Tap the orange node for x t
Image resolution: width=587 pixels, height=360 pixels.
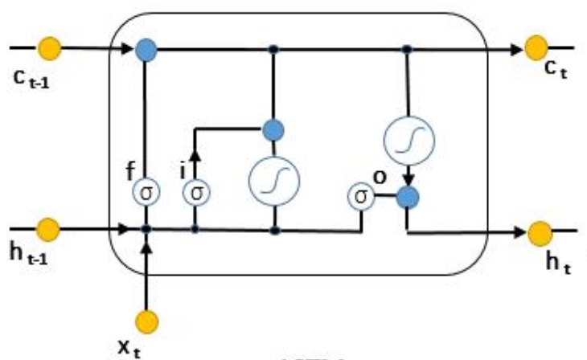[146, 321]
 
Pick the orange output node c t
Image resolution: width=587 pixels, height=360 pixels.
[536, 49]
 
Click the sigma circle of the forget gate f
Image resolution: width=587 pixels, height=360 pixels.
[146, 194]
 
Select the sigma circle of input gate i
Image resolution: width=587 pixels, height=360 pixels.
[195, 194]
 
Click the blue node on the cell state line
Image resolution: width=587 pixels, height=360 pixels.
[146, 49]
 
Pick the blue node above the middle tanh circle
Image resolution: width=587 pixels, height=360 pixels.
[274, 128]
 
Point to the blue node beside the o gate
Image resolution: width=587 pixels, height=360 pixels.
[408, 195]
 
